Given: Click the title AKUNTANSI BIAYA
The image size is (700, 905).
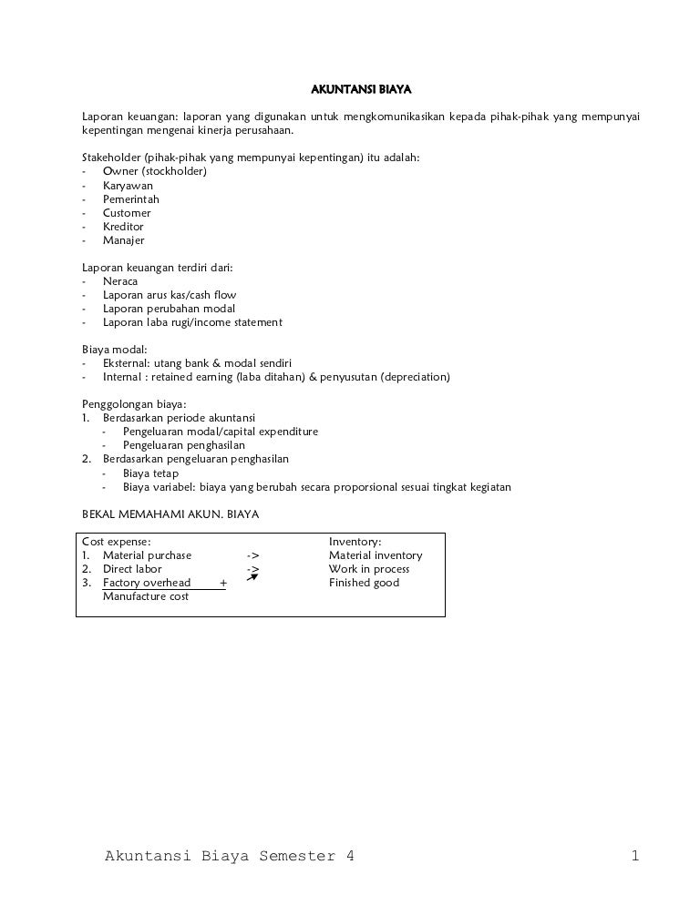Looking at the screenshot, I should pos(362,90).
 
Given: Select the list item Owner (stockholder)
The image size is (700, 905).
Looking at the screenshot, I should pos(155,171).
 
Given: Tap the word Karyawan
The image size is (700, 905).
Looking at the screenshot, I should pos(128,186).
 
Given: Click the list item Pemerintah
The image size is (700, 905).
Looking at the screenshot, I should pos(130,199).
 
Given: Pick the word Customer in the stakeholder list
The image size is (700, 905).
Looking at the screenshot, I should pos(127,213).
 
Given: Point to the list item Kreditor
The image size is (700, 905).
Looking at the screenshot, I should pos(123,227).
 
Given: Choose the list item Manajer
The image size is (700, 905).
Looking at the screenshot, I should pos(123,240).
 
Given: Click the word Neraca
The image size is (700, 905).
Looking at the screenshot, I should pos(120,281).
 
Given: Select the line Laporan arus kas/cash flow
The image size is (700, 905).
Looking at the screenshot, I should pos(170,295).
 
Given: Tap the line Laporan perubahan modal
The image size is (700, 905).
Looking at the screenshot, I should pos(169,309).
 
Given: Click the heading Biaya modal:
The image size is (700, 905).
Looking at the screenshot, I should pos(114,350).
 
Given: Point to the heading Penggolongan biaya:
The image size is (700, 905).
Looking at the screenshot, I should pos(134,404).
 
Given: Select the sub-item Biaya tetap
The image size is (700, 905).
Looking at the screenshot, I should pos(150,473).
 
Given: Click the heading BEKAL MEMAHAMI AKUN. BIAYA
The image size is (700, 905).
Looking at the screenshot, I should pos(170,514).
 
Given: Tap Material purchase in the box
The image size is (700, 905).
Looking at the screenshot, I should pos(147,555).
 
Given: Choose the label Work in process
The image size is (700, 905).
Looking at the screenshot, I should pos(369,569).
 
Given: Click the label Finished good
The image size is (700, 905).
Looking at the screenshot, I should pos(364,583).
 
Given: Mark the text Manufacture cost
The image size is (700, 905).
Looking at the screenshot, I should pos(146,596).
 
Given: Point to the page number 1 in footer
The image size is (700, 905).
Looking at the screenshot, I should pos(634,856).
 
